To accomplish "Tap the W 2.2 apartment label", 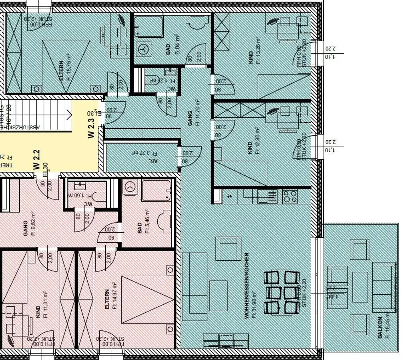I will coord(36,159).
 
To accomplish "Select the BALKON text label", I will coord(380,328).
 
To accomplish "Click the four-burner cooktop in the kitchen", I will coord(290,196).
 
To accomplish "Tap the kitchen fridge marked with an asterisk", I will coord(229,196).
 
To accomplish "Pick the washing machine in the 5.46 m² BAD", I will coord(130,187).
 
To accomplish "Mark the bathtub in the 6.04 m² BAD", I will coord(149,26).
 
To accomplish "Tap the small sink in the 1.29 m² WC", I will coord(170,72).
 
